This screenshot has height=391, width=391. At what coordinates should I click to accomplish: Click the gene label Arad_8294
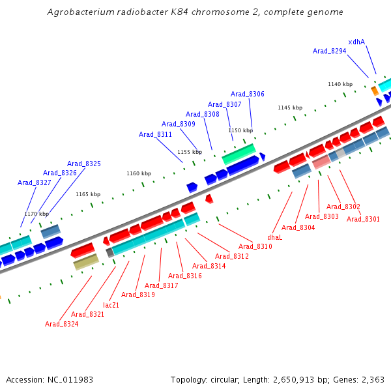[x=329, y=51]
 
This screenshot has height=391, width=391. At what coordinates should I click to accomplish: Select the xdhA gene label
[x=356, y=42]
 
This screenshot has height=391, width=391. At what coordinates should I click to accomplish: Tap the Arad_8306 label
[x=248, y=94]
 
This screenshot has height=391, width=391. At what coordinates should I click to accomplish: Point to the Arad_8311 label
[x=155, y=134]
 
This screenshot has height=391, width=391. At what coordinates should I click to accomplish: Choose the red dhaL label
[x=274, y=237]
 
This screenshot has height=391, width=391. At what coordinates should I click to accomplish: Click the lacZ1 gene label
[x=111, y=304]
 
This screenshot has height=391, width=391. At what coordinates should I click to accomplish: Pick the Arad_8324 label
[x=61, y=324]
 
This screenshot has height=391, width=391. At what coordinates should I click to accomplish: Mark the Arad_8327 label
[x=34, y=182]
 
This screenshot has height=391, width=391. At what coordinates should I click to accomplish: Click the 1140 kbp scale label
[x=340, y=84]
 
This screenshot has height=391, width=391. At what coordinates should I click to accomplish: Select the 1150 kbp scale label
[x=240, y=130]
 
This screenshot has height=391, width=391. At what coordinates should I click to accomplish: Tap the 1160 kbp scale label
[x=138, y=173]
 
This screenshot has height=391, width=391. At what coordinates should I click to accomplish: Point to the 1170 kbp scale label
[x=36, y=214]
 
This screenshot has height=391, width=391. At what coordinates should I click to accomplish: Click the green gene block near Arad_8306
[x=239, y=154]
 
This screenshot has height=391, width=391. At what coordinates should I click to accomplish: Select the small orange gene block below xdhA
[x=375, y=91]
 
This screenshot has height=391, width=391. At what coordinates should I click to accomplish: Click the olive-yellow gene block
[x=86, y=261]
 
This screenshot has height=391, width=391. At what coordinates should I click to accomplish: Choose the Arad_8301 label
[x=363, y=219]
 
